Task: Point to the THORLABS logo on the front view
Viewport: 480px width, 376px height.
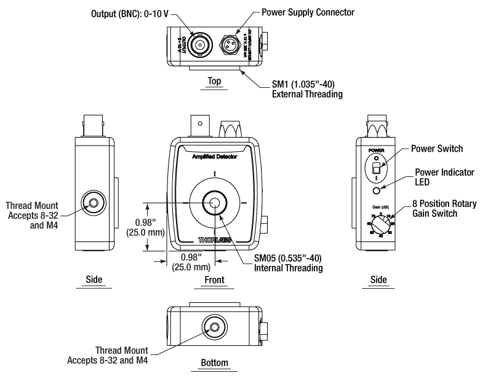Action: tap(215, 240)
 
